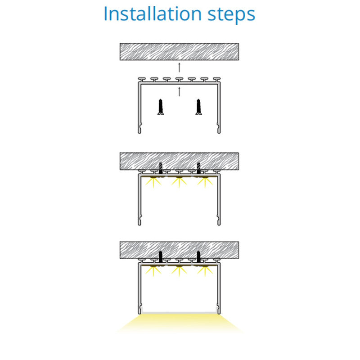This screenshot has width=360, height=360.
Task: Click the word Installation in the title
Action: [x=153, y=14]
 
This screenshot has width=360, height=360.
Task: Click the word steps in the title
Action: [x=231, y=15]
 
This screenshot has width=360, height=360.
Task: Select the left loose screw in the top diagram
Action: [x=161, y=107]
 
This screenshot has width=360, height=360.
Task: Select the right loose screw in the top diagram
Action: [x=198, y=107]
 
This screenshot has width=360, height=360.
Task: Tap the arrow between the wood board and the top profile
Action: [x=179, y=67]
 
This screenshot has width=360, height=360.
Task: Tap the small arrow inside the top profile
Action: [x=179, y=92]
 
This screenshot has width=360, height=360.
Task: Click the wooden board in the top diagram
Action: [x=179, y=52]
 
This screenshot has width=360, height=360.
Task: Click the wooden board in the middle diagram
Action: [x=179, y=161]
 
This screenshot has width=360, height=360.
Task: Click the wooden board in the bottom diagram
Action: [x=179, y=250]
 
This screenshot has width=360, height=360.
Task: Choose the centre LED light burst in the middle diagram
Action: [x=179, y=182]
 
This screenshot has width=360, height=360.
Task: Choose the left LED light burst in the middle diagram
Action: [x=153, y=182]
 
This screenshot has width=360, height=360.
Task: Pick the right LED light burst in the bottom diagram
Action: [x=205, y=271]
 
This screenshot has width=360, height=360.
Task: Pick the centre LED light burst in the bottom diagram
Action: [x=179, y=271]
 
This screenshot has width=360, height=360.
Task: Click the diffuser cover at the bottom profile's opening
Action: [x=179, y=313]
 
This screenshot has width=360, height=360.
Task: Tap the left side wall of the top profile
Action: [x=139, y=108]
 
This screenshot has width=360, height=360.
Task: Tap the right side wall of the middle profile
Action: [x=219, y=199]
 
